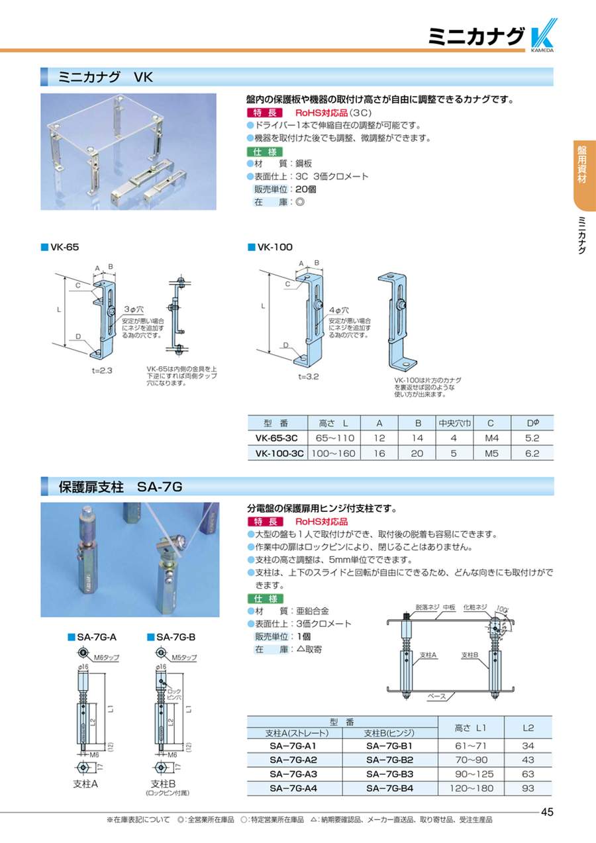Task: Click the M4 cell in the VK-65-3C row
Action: click(491, 438)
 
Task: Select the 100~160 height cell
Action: click(333, 454)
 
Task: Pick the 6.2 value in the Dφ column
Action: click(532, 454)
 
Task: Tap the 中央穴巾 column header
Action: click(454, 423)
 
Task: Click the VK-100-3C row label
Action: click(279, 454)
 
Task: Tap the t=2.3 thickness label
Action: click(102, 371)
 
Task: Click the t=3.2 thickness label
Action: click(308, 377)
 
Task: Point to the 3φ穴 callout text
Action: click(134, 309)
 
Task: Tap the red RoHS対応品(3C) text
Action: click(333, 113)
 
